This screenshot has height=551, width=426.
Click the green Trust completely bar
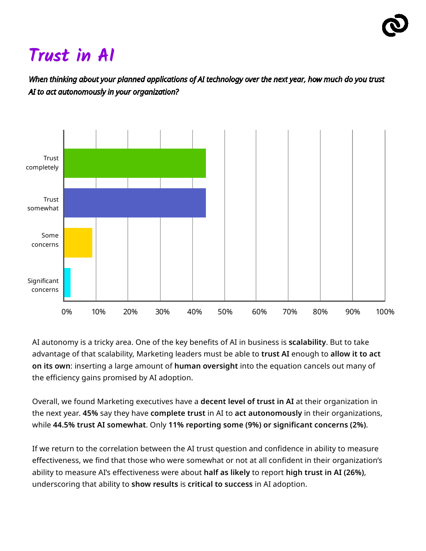pyautogui.click(x=134, y=163)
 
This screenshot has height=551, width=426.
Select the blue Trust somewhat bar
pyautogui.click(x=134, y=203)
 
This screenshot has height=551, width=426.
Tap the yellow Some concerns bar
pyautogui.click(x=78, y=243)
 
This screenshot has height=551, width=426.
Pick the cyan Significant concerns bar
pyautogui.click(x=67, y=283)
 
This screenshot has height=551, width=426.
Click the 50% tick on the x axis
pyautogui.click(x=225, y=312)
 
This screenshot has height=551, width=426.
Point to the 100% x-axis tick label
pyautogui.click(x=385, y=312)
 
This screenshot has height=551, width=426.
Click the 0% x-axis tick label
pyautogui.click(x=67, y=312)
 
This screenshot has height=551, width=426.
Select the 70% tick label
pyautogui.click(x=289, y=312)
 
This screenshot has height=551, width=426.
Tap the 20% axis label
pyautogui.click(x=130, y=312)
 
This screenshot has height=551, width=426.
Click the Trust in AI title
pyautogui.click(x=72, y=56)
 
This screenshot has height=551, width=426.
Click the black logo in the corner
pyautogui.click(x=395, y=25)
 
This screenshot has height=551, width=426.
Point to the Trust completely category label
pyautogui.click(x=43, y=163)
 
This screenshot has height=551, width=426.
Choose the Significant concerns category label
pyautogui.click(x=43, y=285)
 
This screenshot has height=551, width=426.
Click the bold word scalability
pyautogui.click(x=307, y=342)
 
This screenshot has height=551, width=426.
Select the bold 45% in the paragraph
pyautogui.click(x=90, y=413)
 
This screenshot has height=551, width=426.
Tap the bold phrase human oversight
pyautogui.click(x=206, y=366)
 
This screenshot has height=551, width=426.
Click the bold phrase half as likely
pyautogui.click(x=227, y=473)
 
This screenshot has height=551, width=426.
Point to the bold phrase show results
pyautogui.click(x=155, y=484)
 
